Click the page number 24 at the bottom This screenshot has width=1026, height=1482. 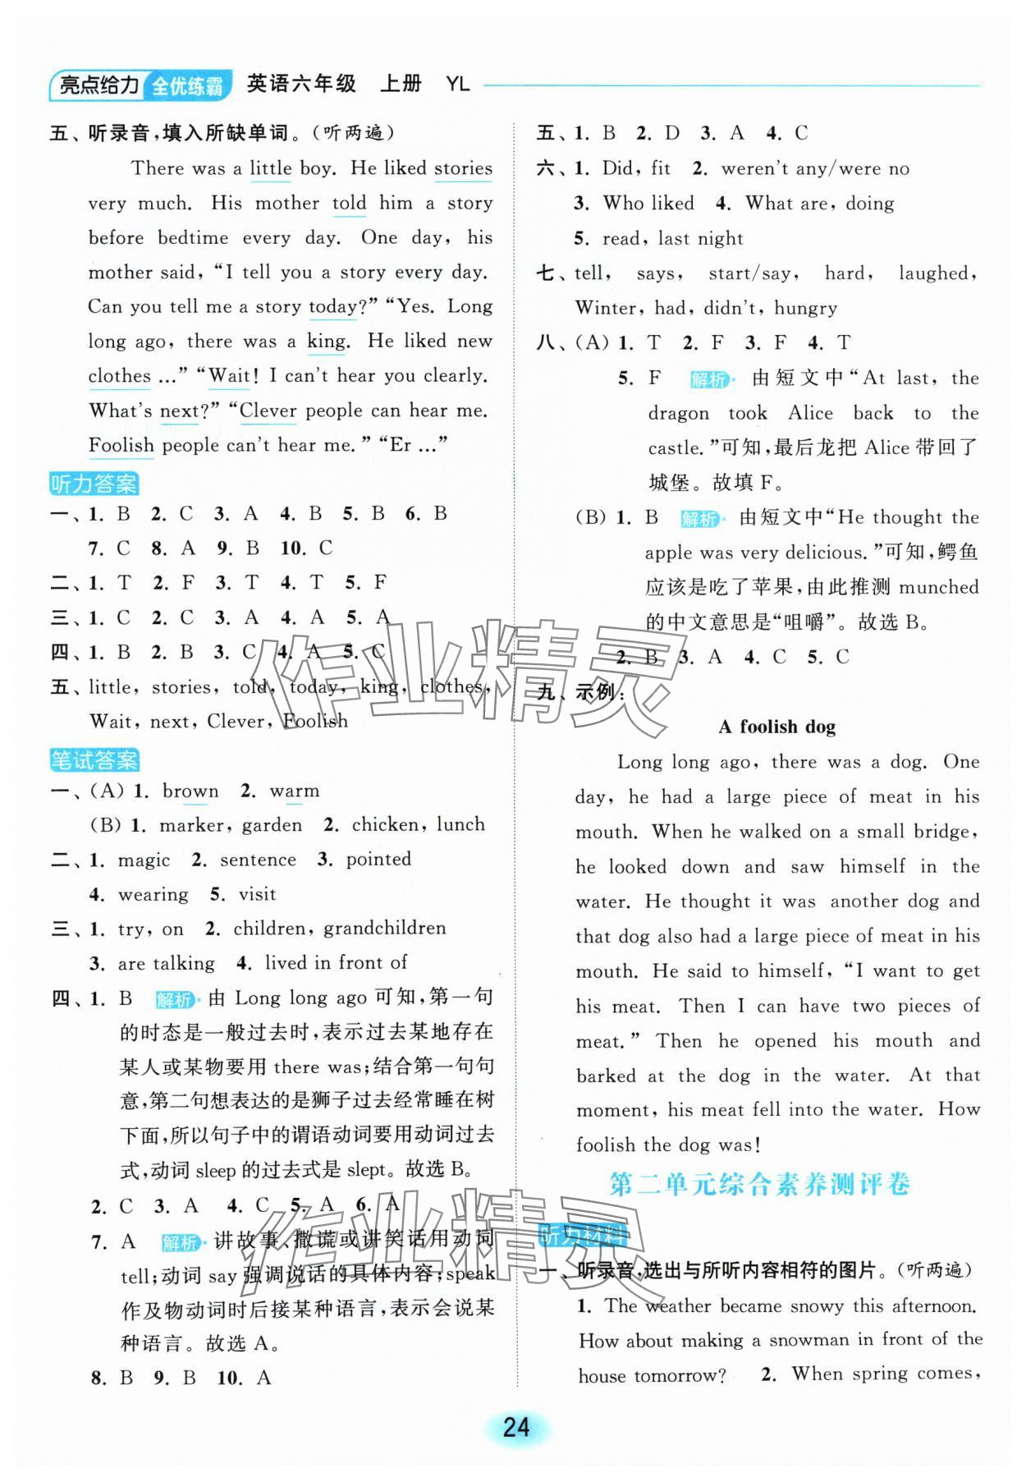(x=515, y=1427)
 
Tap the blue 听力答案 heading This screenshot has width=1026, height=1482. (x=94, y=484)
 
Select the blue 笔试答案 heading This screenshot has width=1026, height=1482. (x=94, y=760)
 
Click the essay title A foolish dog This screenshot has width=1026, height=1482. (x=776, y=727)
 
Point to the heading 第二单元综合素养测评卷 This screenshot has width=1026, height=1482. (x=760, y=1185)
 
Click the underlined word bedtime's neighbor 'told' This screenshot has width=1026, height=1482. (x=349, y=204)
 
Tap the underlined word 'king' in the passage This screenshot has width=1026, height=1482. (x=327, y=342)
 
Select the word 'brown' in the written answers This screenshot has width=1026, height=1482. (x=190, y=791)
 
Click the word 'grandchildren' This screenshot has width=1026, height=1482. (x=385, y=929)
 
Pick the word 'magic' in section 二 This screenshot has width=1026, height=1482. (x=144, y=860)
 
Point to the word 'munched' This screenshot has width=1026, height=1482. (x=938, y=587)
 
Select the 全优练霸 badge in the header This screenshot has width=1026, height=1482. (x=187, y=85)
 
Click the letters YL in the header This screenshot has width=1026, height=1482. (x=457, y=84)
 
